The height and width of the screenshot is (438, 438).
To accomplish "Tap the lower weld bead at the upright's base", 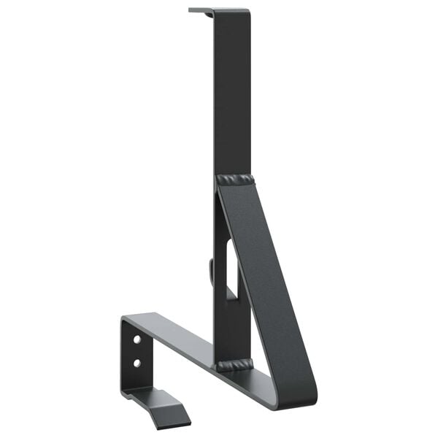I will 233,364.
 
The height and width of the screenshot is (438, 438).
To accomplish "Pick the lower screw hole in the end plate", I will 137,362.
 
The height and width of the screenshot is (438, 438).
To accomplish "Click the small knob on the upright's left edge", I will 211,271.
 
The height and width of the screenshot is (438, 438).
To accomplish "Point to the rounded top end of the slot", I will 231,244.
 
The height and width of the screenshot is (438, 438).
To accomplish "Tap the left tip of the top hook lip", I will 191,10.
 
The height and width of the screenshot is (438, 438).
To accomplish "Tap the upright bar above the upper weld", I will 232,95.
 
